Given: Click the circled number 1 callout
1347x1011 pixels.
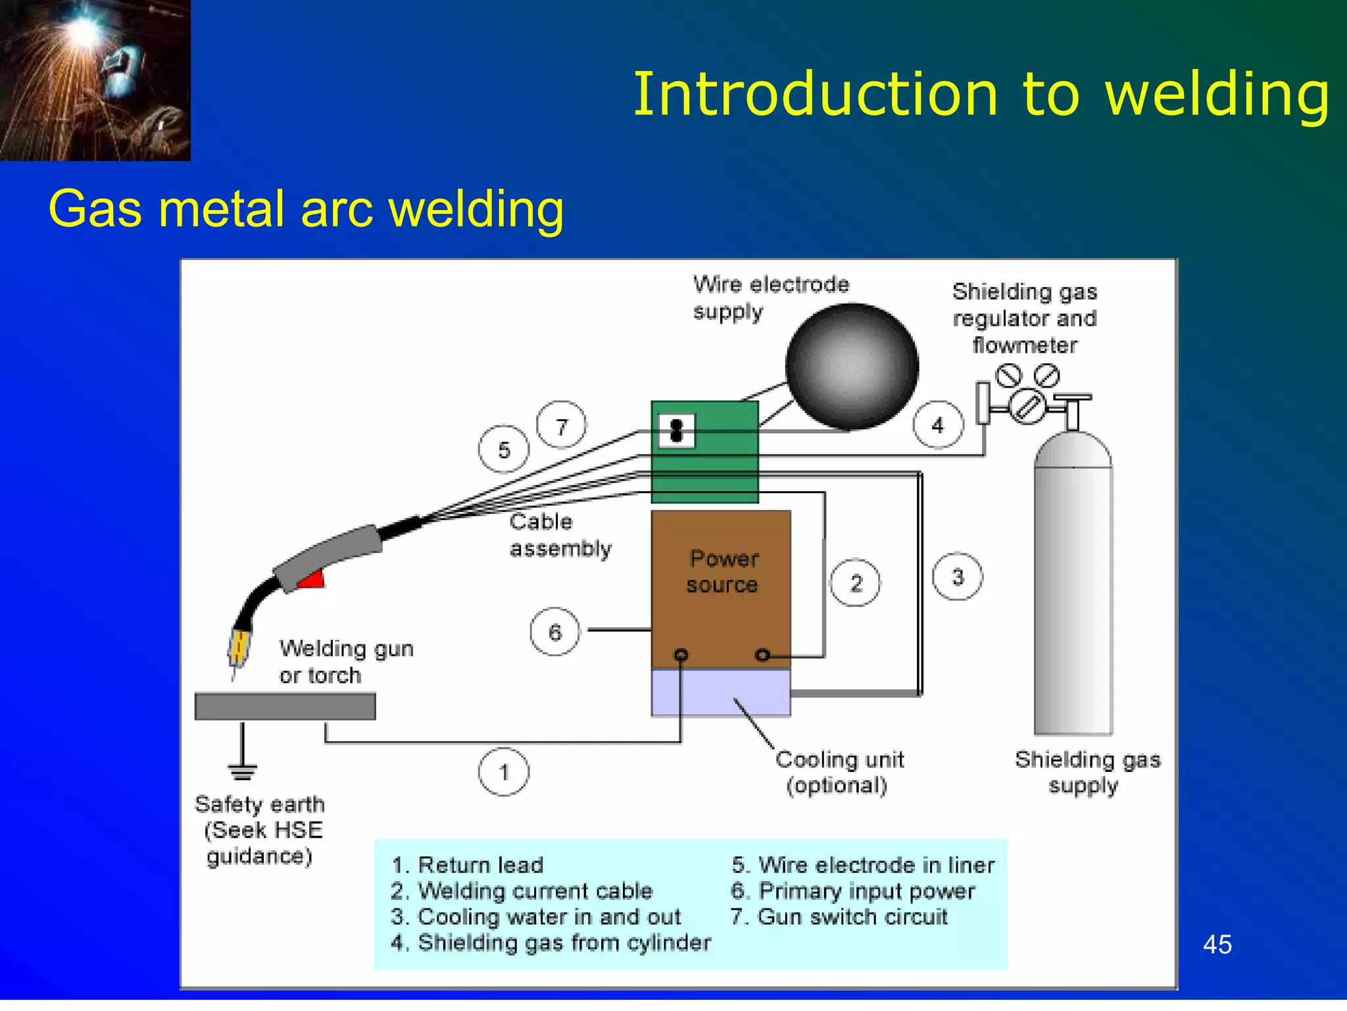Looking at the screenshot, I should click(x=504, y=772).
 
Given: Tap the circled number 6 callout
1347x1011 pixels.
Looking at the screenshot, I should click(x=555, y=632).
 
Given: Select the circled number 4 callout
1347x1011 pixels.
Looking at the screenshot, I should click(x=938, y=425).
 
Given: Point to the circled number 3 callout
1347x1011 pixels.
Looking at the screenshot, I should click(x=958, y=577).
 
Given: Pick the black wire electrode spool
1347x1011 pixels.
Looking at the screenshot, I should click(x=852, y=366).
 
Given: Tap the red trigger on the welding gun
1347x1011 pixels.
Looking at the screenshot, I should click(x=312, y=579).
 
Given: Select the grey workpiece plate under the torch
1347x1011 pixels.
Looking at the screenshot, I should click(x=285, y=706).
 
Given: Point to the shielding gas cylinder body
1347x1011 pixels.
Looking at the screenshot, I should click(x=1073, y=592).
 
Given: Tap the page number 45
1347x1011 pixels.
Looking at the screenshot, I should click(x=1217, y=945).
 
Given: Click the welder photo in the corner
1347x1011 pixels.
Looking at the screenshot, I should click(x=95, y=80).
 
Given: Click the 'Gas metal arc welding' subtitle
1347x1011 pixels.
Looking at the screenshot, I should click(x=306, y=209).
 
